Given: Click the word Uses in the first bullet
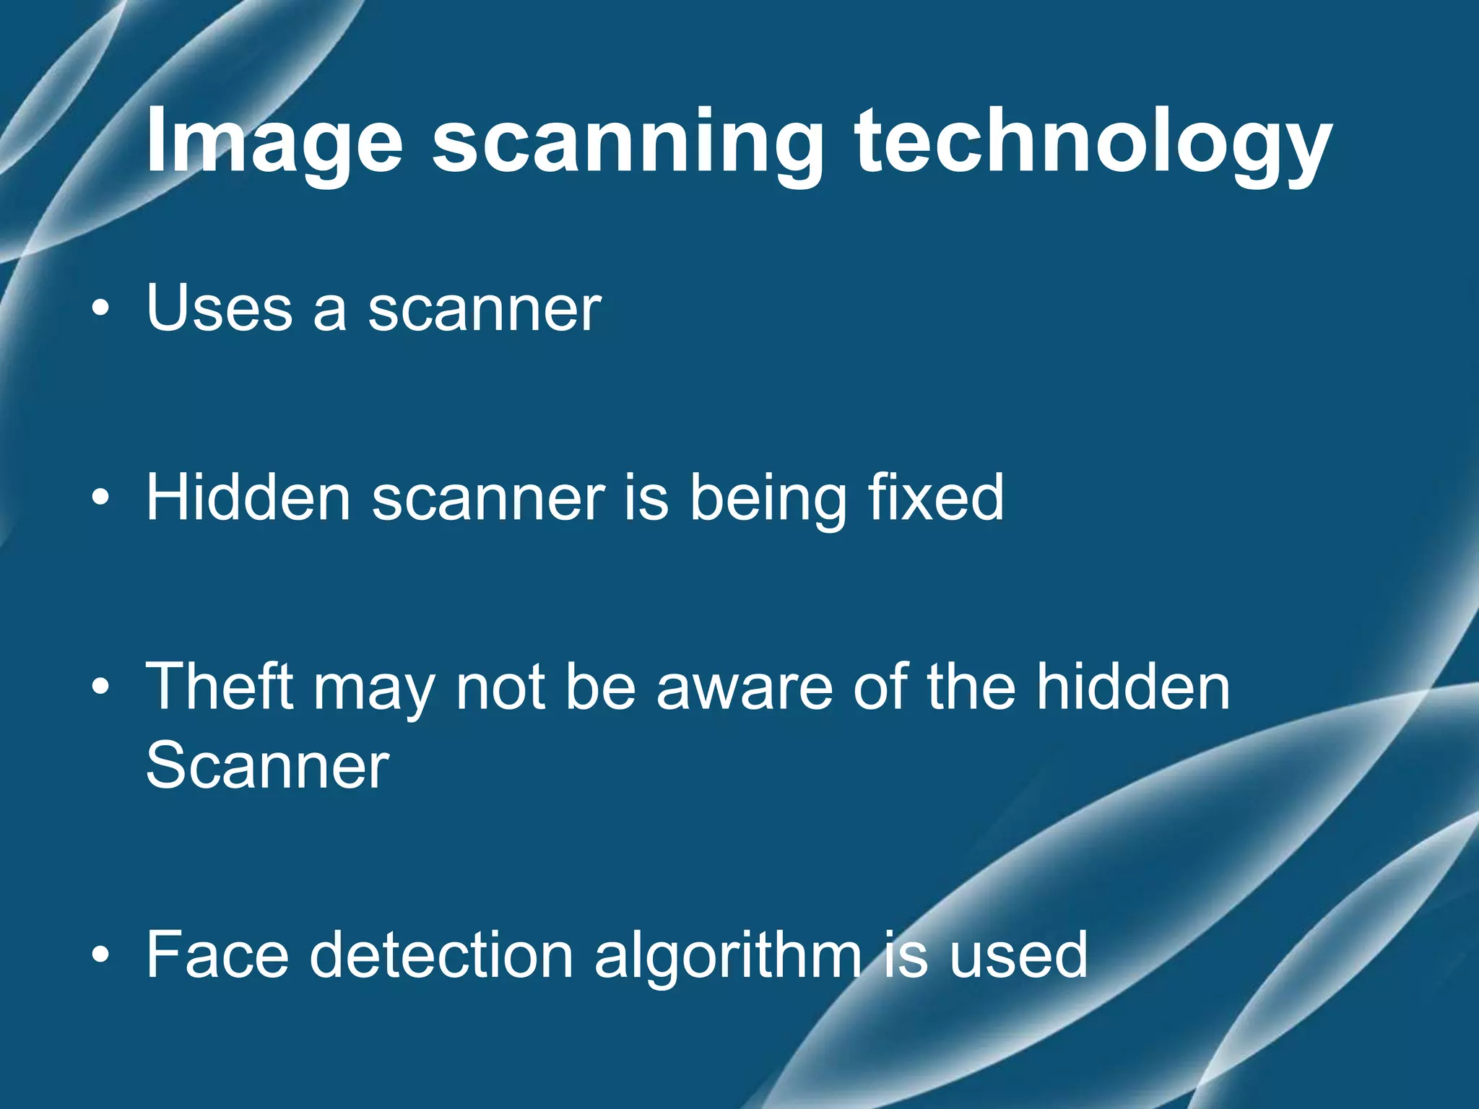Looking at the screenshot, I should tap(219, 308).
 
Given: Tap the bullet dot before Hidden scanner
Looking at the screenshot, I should tap(101, 498).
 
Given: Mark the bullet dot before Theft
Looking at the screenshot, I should tap(101, 688).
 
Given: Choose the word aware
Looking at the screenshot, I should tap(744, 688).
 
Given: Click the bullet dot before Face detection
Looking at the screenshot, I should tap(101, 957).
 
